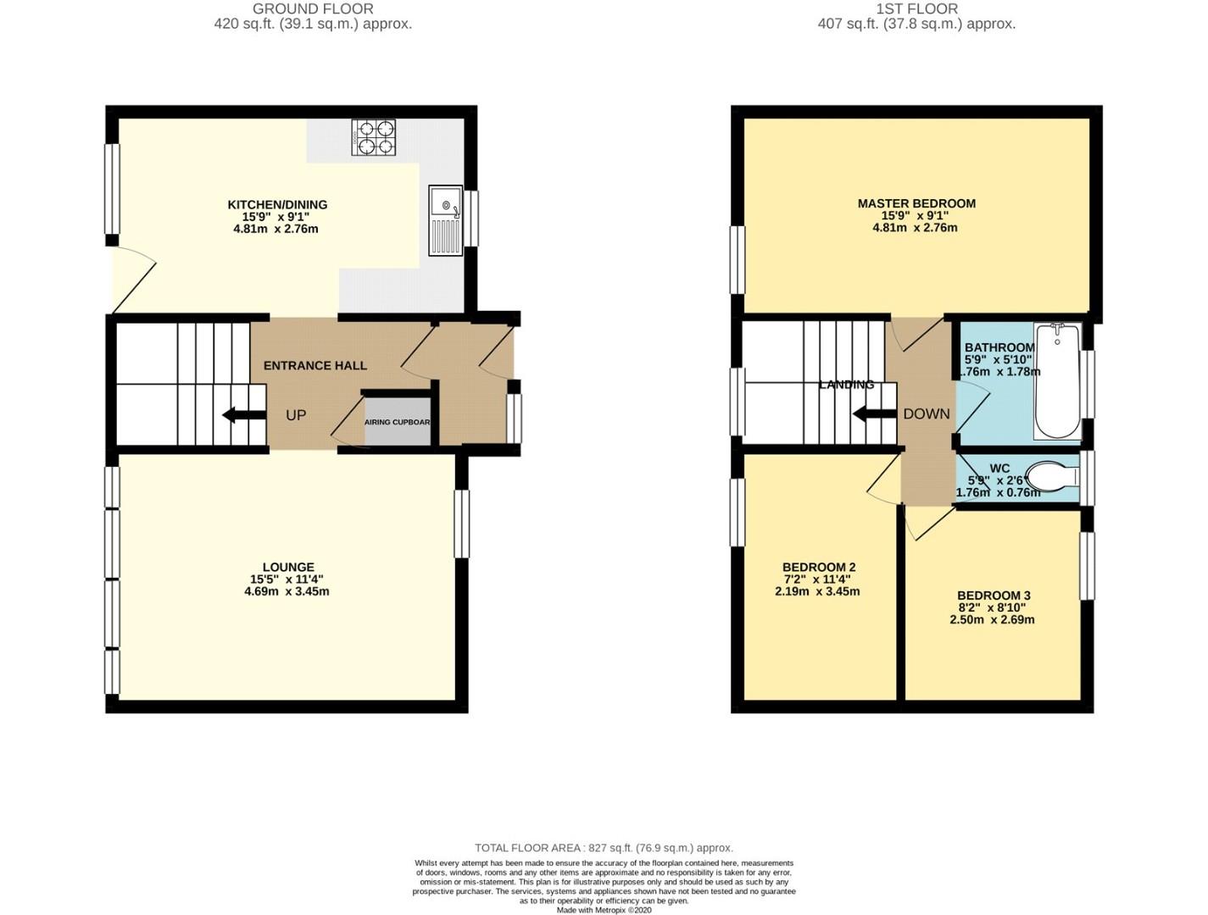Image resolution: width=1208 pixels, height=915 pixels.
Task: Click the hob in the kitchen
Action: coord(374,137)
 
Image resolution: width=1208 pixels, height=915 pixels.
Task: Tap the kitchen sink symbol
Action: coord(445,220)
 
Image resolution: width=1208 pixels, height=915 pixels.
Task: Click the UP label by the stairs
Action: coord(296,415)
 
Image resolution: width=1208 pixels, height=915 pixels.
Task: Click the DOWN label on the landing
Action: coord(926,414)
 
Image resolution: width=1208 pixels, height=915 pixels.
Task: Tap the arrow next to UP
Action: coord(241,415)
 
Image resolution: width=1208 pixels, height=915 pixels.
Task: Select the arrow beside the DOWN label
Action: coord(872,414)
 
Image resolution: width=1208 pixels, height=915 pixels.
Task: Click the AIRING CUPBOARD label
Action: coord(398,422)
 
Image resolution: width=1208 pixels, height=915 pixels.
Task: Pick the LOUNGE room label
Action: coord(288,568)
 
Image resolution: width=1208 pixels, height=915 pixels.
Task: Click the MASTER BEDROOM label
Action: coord(916,203)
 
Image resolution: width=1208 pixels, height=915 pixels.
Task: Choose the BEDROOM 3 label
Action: coord(993,596)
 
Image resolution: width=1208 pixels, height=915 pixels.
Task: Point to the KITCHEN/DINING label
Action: coord(277,205)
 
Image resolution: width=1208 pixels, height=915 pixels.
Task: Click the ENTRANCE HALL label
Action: coord(315,366)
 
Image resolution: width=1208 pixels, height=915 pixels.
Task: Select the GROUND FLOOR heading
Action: coord(313,9)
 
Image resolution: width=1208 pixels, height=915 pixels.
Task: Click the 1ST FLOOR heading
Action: coord(916,9)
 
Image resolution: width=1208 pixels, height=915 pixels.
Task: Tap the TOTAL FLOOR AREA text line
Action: coord(604,847)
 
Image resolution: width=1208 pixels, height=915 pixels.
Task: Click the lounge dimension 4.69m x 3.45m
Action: coord(287,591)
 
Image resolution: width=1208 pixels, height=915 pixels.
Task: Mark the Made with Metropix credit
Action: coord(604,910)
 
